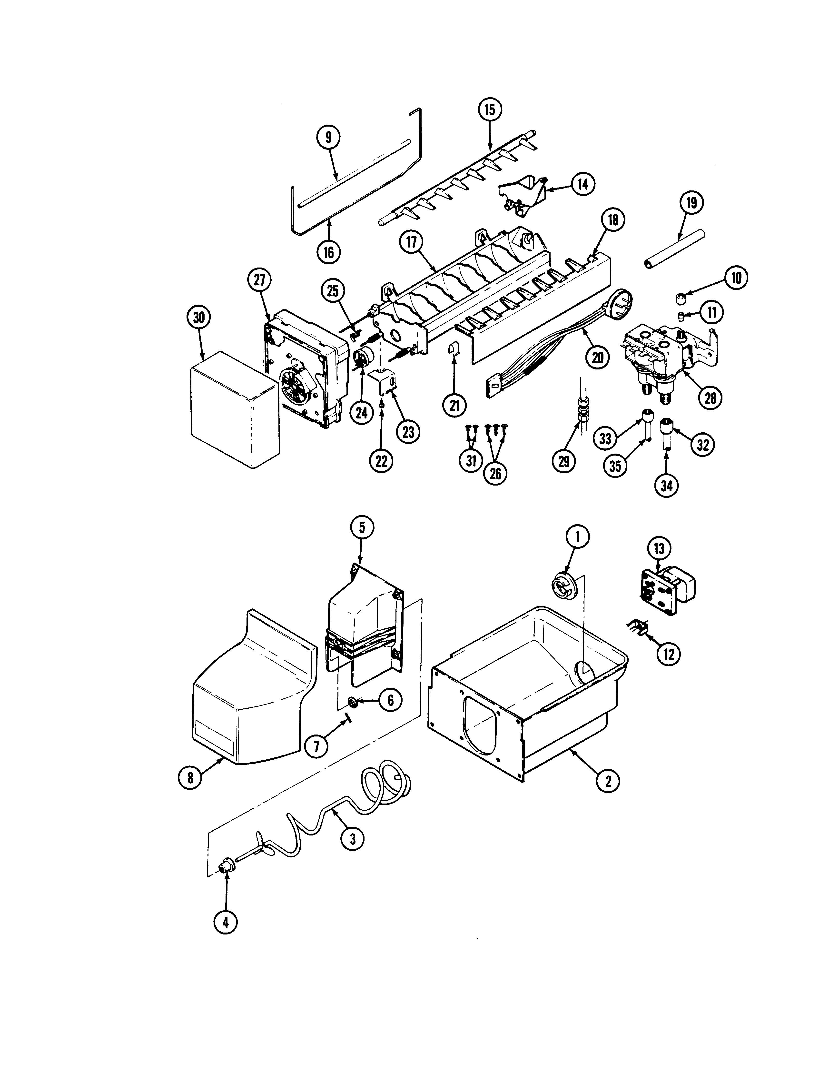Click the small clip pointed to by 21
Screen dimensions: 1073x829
(453, 350)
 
